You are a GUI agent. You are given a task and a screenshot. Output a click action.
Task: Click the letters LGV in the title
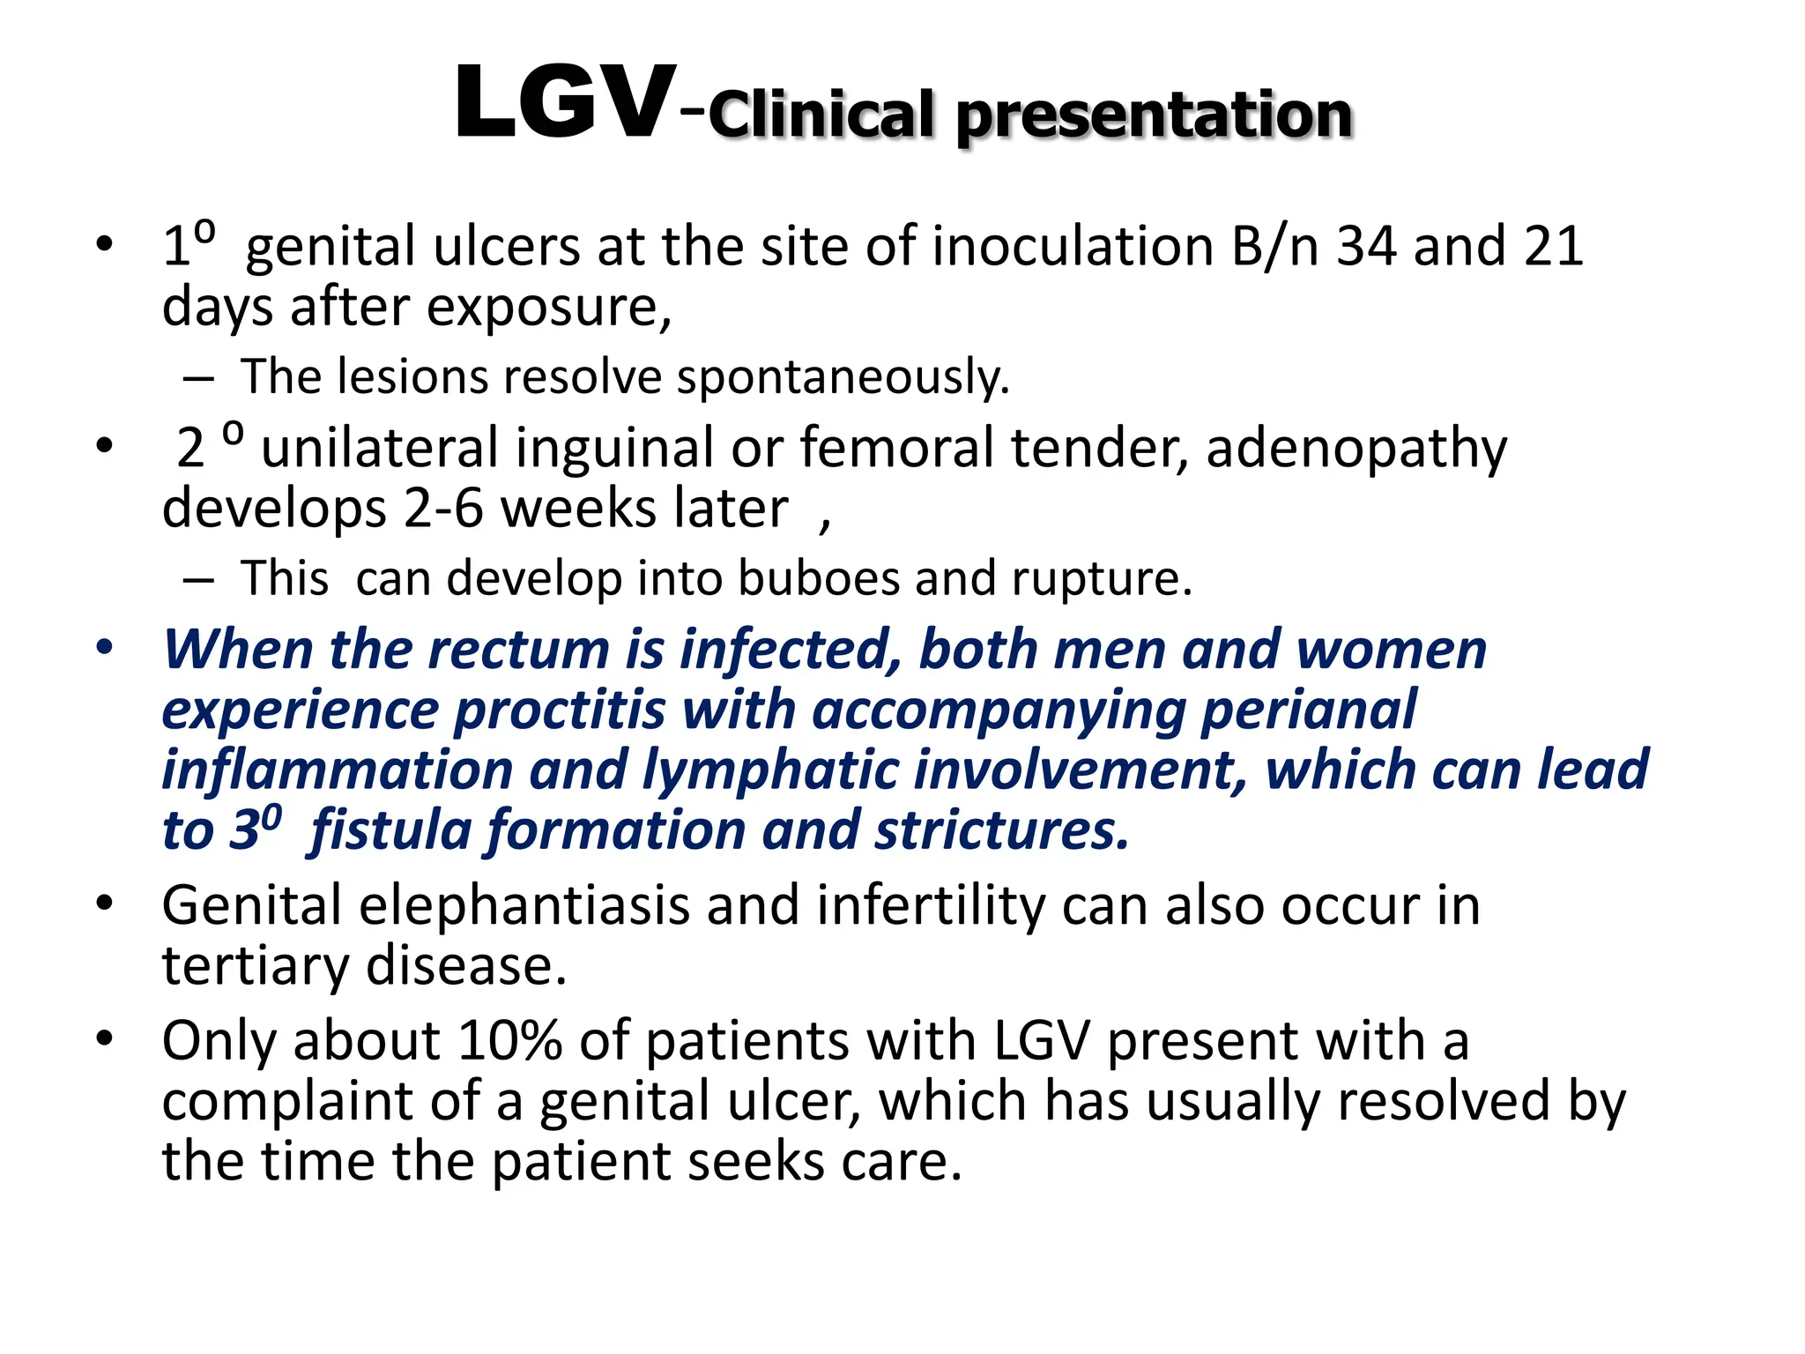[x=565, y=105]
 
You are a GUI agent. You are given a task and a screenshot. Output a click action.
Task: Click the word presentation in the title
[x=1154, y=115]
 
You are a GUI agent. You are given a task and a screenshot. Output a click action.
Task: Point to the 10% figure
[x=509, y=1041]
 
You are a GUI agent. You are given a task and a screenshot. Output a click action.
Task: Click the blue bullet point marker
[x=105, y=649]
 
